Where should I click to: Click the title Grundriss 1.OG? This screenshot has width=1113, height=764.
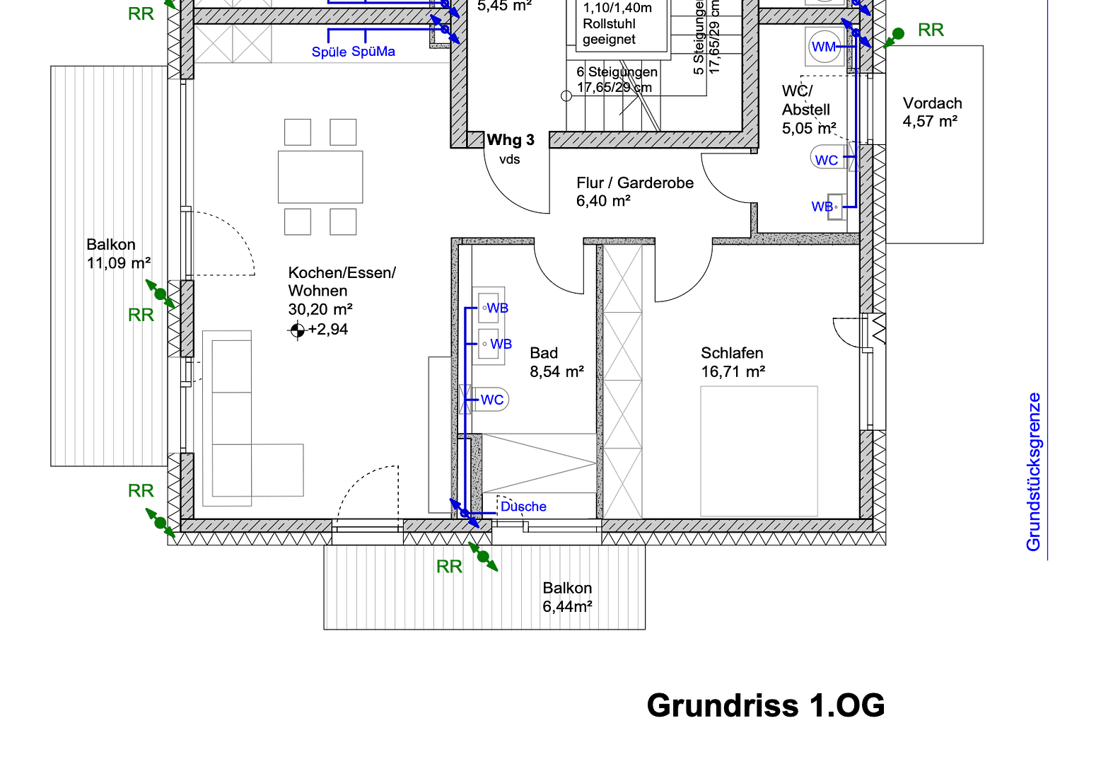765,705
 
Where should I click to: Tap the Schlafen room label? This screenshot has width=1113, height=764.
732,353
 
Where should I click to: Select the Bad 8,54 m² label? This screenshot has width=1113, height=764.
556,362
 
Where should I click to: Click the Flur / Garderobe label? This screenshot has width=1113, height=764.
634,183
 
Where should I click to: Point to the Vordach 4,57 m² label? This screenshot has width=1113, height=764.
931,112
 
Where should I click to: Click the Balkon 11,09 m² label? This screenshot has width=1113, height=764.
117,254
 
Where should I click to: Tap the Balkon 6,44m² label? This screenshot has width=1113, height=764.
567,597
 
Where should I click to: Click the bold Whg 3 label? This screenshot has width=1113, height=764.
510,140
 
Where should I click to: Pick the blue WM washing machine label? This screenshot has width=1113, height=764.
823,47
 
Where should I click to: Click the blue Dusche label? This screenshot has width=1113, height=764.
523,507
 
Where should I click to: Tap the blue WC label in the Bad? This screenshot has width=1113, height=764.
492,400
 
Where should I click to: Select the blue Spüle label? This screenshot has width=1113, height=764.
329,52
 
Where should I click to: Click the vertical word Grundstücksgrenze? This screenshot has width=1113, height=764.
1033,472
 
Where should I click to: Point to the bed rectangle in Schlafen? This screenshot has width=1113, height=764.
759,451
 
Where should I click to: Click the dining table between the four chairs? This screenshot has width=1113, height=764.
320,177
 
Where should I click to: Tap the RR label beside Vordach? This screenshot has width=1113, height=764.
931,30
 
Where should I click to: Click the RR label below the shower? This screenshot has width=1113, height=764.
449,567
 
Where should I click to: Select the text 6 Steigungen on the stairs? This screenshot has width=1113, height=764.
617,72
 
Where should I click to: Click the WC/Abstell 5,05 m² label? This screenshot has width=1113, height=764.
808,110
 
